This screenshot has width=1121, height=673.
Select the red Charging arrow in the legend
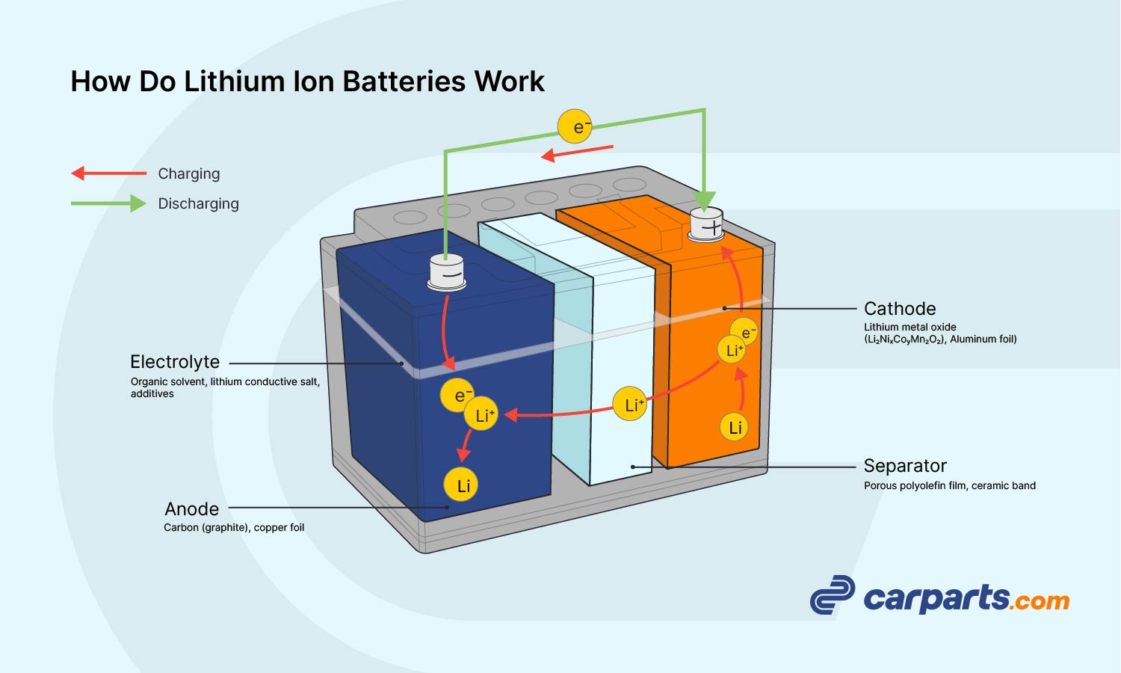[109, 173]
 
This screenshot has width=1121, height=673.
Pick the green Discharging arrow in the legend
[109, 203]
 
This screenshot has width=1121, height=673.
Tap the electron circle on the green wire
[575, 127]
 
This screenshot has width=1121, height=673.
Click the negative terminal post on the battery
[447, 272]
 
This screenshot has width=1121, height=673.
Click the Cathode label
[900, 309]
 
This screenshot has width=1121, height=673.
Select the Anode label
[192, 509]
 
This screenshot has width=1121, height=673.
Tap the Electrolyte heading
[175, 362]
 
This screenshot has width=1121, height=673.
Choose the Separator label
[905, 466]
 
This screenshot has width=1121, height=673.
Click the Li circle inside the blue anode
[461, 485]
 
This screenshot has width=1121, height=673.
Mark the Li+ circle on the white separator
[630, 405]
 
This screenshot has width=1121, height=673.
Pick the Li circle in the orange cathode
[735, 427]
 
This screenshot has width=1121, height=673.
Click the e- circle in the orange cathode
[745, 331]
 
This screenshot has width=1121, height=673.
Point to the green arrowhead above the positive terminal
[704, 200]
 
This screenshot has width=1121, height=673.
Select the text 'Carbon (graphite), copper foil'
[234, 528]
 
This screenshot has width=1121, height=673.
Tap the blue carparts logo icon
[832, 595]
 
